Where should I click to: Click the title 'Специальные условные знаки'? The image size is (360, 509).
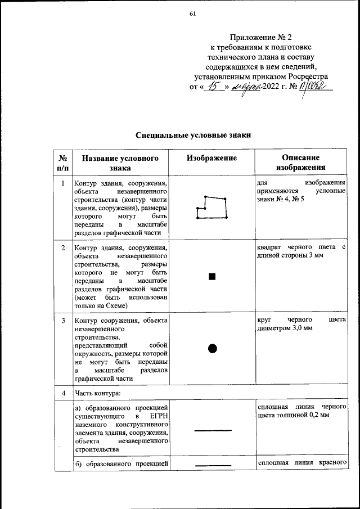click(x=192, y=135)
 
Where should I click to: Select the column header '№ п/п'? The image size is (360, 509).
click(x=63, y=163)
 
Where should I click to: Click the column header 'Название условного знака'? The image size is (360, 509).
click(x=120, y=163)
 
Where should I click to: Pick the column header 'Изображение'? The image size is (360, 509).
click(x=211, y=158)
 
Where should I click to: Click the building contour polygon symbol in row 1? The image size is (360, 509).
click(x=212, y=208)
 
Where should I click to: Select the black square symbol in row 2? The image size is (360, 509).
click(x=212, y=276)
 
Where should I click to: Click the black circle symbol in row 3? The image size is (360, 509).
click(x=212, y=348)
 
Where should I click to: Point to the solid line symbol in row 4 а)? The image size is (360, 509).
click(x=212, y=430)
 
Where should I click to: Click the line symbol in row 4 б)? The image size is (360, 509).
click(x=212, y=465)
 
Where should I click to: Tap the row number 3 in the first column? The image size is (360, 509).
click(x=63, y=321)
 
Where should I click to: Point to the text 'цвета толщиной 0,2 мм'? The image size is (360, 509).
click(x=292, y=415)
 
